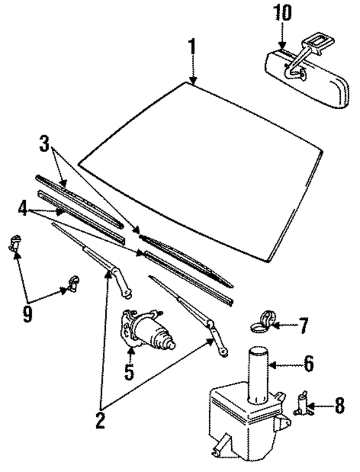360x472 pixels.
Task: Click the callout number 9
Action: pyautogui.click(x=27, y=313)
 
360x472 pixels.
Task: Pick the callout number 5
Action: pyautogui.click(x=129, y=372)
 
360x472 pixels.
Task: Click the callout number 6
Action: pyautogui.click(x=308, y=364)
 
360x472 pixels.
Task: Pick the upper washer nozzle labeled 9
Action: pyautogui.click(x=15, y=243)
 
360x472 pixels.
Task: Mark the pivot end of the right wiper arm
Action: pyautogui.click(x=223, y=352)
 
